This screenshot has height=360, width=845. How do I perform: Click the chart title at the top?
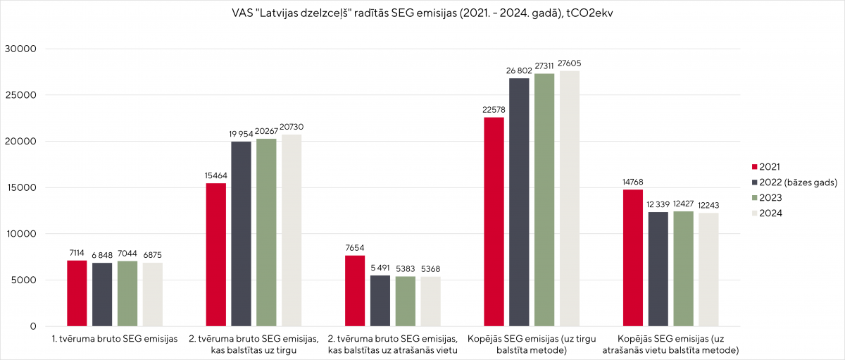[422, 13]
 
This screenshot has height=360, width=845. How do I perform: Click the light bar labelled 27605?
[569, 199]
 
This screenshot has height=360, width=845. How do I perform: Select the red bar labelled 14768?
[632, 258]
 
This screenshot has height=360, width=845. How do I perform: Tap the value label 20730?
[291, 127]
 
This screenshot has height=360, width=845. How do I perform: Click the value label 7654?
[355, 248]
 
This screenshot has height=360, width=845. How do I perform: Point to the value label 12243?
[709, 205]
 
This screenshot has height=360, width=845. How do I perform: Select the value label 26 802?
[519, 70]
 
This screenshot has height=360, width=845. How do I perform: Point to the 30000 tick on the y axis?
[20, 49]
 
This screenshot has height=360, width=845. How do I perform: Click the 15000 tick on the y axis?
[20, 188]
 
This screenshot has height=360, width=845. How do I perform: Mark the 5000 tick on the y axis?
[23, 280]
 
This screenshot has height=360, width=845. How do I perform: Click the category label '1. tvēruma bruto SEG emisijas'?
[114, 339]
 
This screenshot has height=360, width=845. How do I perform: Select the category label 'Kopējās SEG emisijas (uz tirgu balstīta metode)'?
[532, 345]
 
